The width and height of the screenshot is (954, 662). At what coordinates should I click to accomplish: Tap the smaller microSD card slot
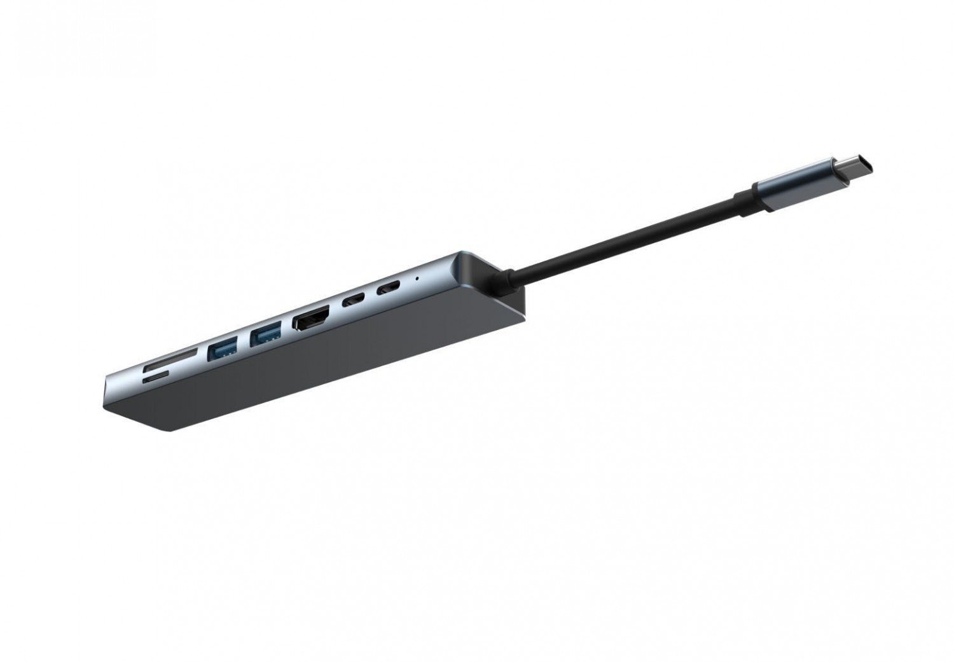pyautogui.click(x=155, y=379)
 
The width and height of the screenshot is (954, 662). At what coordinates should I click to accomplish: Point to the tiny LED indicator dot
pyautogui.click(x=417, y=277)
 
